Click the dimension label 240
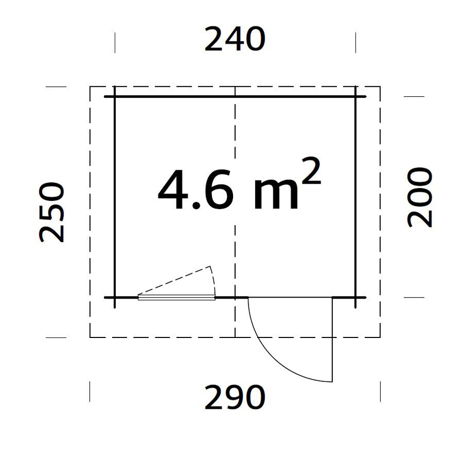pyautogui.click(x=235, y=40)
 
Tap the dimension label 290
pyautogui.click(x=235, y=398)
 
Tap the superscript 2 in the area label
pyautogui.click(x=312, y=175)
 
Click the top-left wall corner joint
pyautogui.click(x=115, y=97)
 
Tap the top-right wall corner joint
pyautogui.click(x=355, y=97)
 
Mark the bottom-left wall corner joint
pyautogui.click(x=115, y=298)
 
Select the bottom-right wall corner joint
pyautogui.click(x=355, y=298)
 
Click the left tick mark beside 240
pyautogui.click(x=115, y=42)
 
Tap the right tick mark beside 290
pyautogui.click(x=380, y=391)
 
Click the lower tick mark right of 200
pyautogui.click(x=413, y=298)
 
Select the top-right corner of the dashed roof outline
pyautogui.click(x=380, y=86)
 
